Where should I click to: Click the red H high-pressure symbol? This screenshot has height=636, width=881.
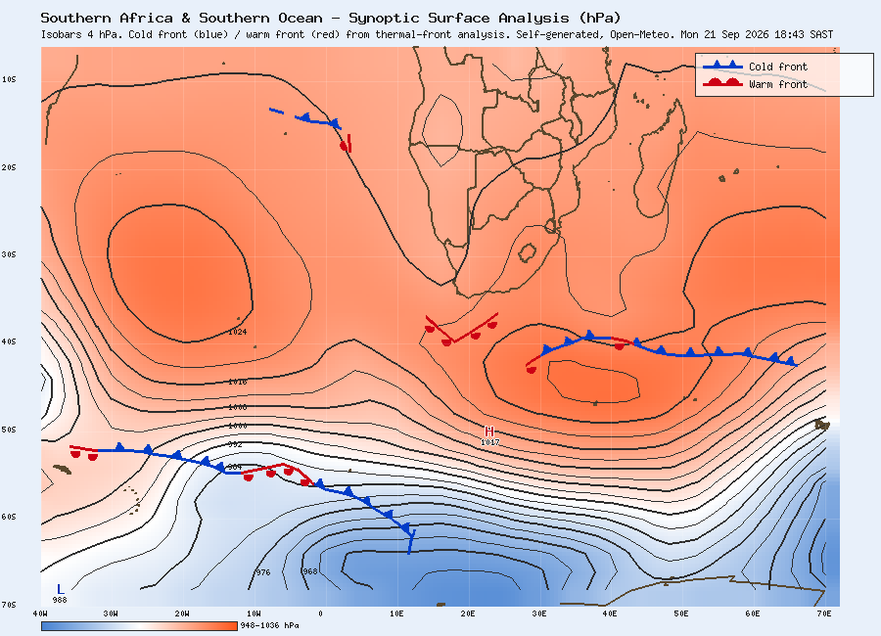[x=489, y=432]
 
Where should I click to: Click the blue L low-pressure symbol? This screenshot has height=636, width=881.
[x=60, y=589]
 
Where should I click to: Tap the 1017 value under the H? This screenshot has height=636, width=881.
[x=490, y=442]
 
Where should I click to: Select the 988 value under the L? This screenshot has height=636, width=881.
[x=60, y=600]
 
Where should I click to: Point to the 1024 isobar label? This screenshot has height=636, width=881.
[x=237, y=332]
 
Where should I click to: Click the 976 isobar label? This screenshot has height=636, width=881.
[x=263, y=572]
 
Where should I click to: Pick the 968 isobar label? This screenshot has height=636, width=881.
[x=309, y=571]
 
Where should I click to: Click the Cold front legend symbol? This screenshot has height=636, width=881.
[x=722, y=66]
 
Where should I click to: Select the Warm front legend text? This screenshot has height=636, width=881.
[x=778, y=84]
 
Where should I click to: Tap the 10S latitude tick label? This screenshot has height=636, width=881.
[x=9, y=79]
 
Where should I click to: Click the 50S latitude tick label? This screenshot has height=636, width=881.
[x=9, y=430]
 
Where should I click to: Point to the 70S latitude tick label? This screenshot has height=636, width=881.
[x=9, y=605]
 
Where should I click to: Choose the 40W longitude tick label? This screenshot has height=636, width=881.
[x=40, y=613]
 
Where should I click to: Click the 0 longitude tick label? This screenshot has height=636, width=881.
[x=320, y=613]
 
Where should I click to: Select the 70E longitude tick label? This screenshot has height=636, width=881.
[x=824, y=613]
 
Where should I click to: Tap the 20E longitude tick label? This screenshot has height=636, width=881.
[x=468, y=613]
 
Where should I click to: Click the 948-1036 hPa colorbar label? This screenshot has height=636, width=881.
[x=270, y=625]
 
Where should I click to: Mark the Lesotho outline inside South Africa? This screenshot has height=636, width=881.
[x=527, y=253]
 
